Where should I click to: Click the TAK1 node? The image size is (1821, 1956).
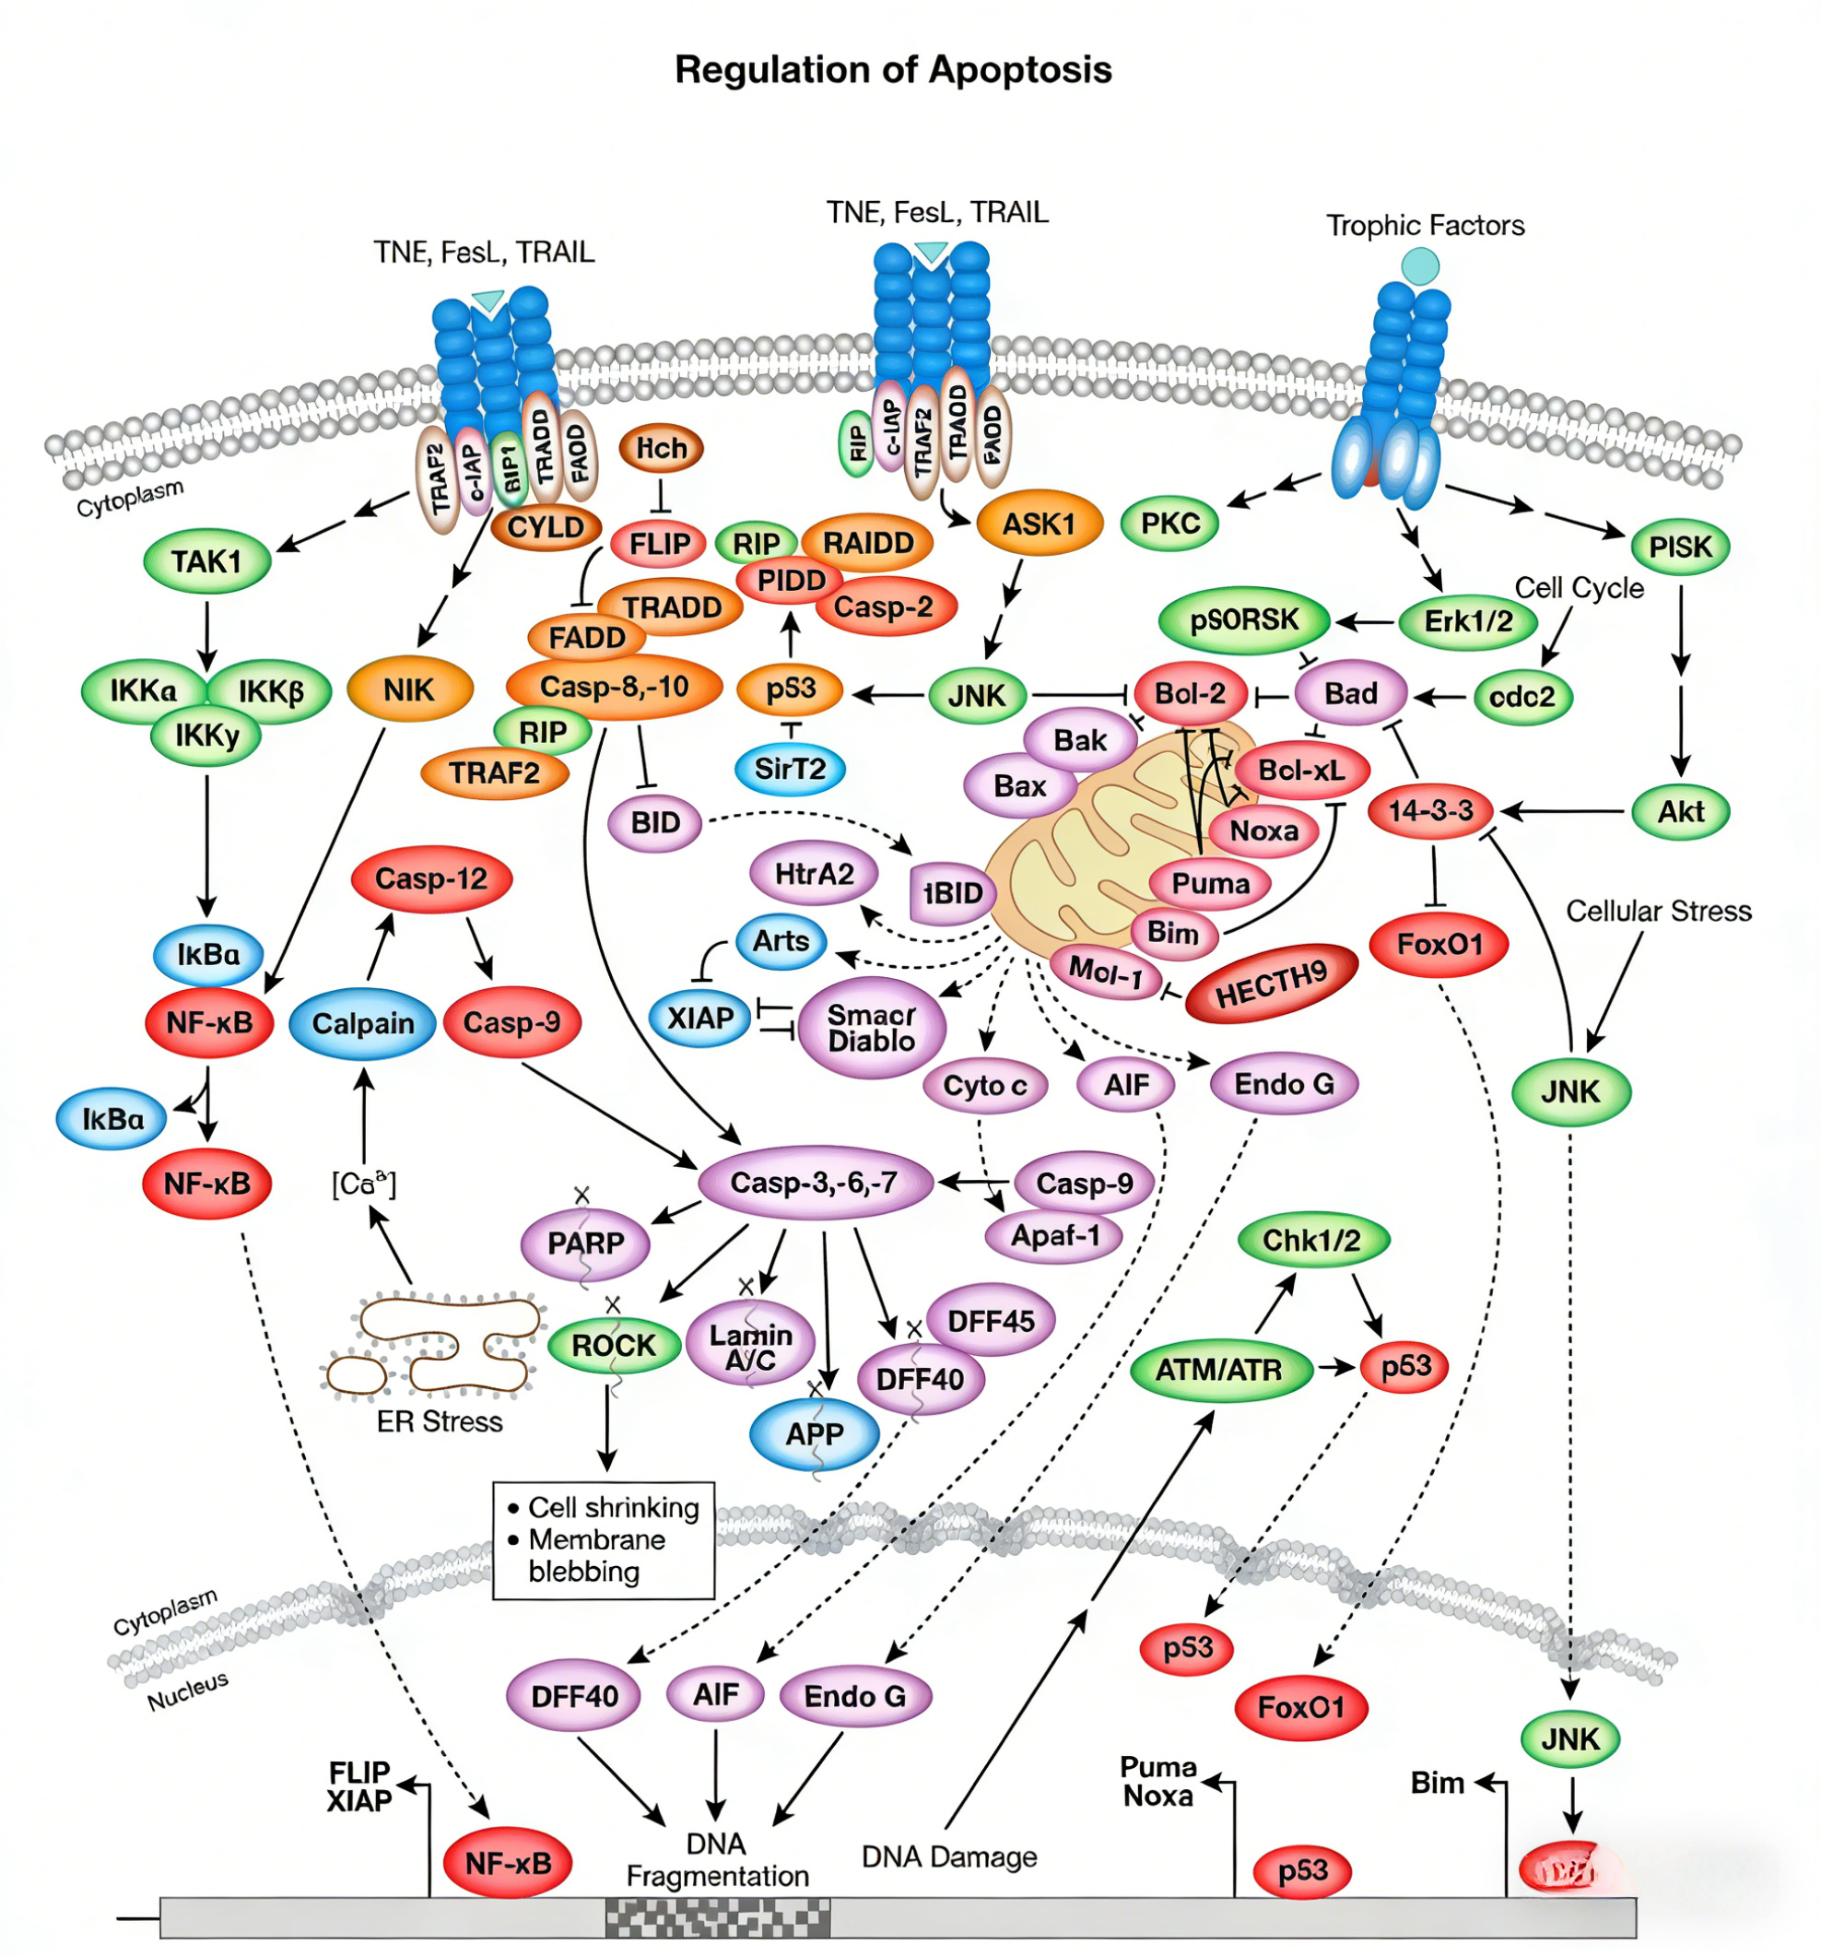click(x=206, y=561)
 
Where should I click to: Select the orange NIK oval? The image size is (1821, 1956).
click(x=409, y=689)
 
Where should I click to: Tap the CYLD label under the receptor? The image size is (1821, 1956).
click(x=545, y=527)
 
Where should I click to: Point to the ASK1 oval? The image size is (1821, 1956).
click(x=1039, y=524)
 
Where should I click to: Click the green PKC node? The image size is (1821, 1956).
click(x=1169, y=524)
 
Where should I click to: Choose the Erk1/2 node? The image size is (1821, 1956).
click(x=1468, y=621)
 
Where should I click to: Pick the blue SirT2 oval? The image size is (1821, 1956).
click(x=790, y=769)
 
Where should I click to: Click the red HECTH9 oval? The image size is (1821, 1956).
click(x=1271, y=984)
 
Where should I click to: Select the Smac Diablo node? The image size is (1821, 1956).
click(x=872, y=1027)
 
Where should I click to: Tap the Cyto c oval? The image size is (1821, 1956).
click(x=985, y=1085)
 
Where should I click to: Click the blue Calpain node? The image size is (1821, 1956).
click(x=363, y=1024)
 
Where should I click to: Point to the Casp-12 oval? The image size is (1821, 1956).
click(x=431, y=878)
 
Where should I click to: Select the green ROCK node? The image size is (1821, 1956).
click(x=613, y=1345)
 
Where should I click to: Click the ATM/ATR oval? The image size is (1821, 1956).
click(x=1219, y=1369)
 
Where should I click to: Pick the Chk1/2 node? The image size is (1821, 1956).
click(x=1311, y=1241)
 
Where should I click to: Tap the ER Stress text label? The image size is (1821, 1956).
click(x=439, y=1421)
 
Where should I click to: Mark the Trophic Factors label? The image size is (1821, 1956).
click(x=1425, y=225)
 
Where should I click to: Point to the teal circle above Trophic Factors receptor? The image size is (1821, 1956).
click(x=1419, y=265)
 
